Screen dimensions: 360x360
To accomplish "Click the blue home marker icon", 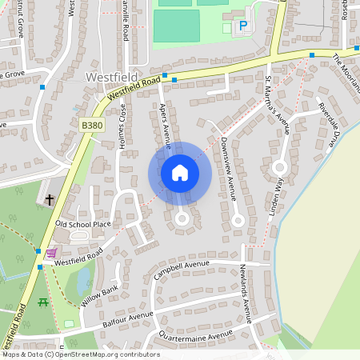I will click(180, 173).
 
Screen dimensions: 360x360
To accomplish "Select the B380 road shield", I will click(91, 126).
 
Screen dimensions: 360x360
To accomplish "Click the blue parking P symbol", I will click(242, 26).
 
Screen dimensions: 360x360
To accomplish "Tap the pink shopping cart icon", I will click(51, 253).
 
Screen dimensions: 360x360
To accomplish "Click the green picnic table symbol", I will click(43, 302).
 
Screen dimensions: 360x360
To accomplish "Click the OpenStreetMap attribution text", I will click(81, 354).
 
